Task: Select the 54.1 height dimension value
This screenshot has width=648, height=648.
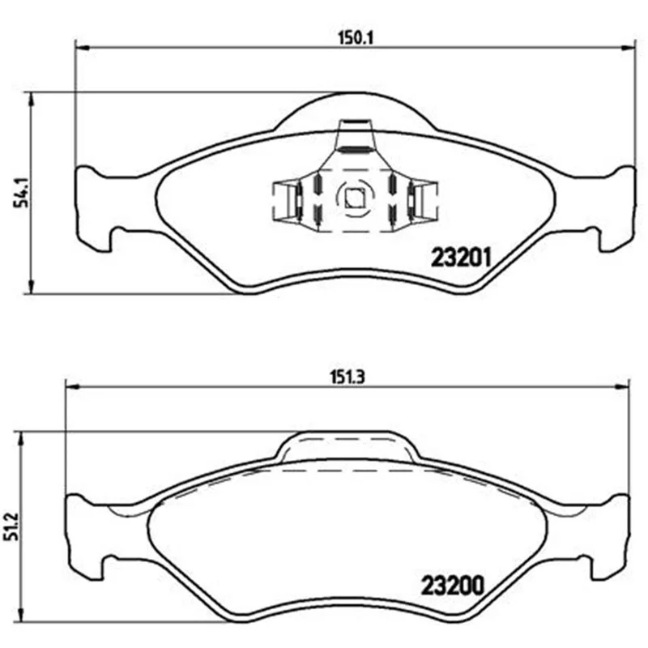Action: click(x=20, y=193)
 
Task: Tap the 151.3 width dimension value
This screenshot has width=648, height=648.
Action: click(x=347, y=377)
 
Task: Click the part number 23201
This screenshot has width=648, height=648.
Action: click(x=461, y=257)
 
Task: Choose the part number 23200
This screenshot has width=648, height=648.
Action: click(x=452, y=585)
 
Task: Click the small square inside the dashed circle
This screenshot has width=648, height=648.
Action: click(x=355, y=198)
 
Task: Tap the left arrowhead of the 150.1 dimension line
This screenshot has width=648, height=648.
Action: click(x=83, y=48)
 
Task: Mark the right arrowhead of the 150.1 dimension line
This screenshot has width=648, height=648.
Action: click(x=627, y=48)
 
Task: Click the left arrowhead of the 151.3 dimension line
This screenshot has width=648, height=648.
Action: click(x=72, y=387)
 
